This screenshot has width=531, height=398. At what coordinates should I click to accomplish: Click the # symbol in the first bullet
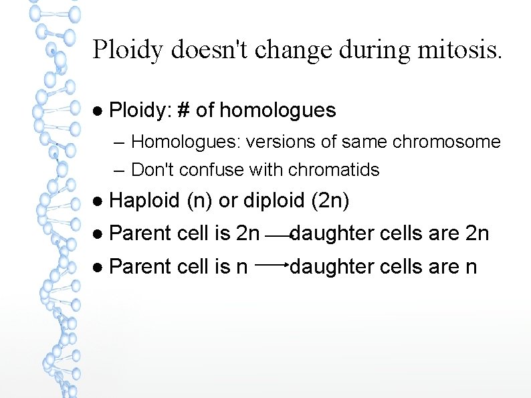pos(183,110)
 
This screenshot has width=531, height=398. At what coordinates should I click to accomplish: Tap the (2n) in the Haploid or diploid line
pos(330,201)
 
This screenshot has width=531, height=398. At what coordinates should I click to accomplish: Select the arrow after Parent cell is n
pos(271,265)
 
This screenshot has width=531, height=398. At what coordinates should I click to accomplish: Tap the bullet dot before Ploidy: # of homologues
pos(98,110)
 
